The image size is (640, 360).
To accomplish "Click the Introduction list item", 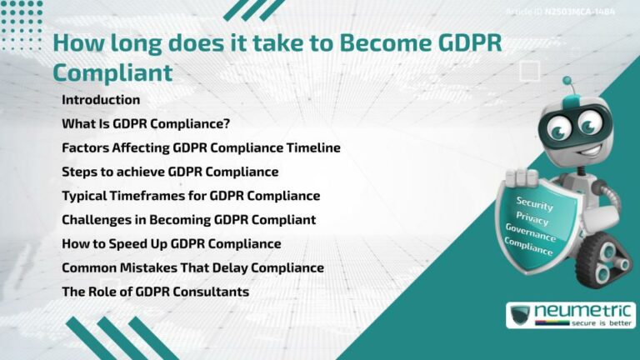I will (101, 100).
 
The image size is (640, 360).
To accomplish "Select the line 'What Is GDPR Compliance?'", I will (146, 124).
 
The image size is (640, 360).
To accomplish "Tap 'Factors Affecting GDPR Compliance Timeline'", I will (201, 148).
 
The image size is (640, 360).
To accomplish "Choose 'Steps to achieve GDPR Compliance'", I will (170, 172).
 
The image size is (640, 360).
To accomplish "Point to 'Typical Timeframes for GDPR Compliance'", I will (191, 197).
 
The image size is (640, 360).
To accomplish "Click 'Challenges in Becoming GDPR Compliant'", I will (188, 221).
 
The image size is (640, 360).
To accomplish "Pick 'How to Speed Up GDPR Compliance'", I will (171, 244).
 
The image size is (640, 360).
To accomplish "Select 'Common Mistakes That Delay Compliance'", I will (192, 268).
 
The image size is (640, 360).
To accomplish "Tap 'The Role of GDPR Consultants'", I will (155, 292).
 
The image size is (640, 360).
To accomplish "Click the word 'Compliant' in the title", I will (112, 72).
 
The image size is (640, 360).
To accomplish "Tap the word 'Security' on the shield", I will (535, 203).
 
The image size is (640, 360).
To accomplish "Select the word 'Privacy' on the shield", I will (532, 218).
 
